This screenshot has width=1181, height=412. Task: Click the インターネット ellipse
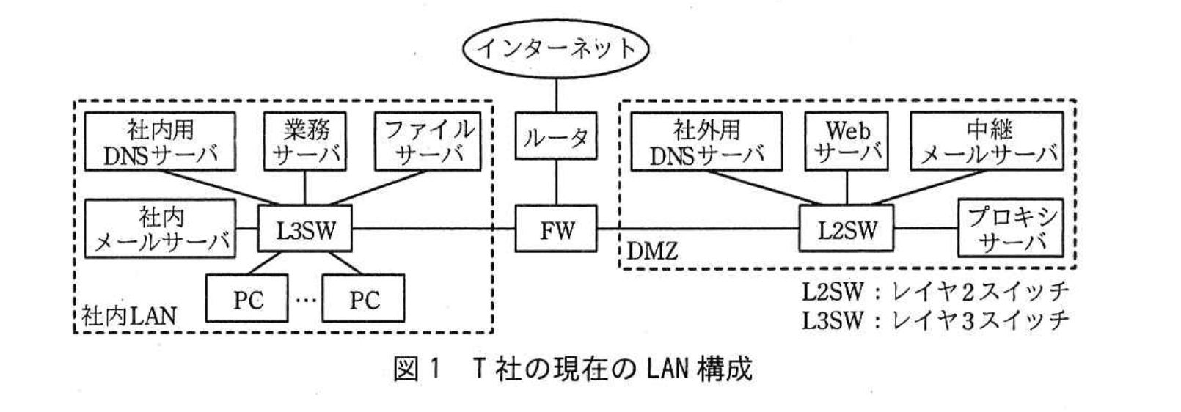556,48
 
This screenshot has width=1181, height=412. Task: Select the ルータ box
556,136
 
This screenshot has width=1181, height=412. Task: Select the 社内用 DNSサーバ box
161,141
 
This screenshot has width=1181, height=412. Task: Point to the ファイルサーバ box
429,141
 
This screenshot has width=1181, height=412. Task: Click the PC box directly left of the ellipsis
247,299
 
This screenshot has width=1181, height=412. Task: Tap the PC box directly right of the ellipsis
363,299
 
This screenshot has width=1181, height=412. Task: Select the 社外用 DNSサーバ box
707,141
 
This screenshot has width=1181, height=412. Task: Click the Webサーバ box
847,141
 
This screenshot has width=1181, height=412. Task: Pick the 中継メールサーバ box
989,141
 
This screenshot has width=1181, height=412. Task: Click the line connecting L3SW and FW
433,229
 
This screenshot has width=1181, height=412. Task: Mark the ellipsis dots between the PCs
305,299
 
